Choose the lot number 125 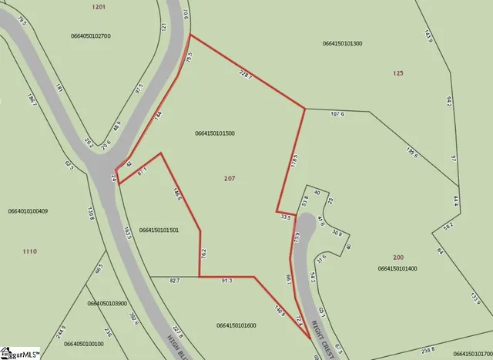click(x=397, y=73)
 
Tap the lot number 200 click(x=397, y=257)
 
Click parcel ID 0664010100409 click(x=28, y=210)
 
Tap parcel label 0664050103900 click(x=107, y=304)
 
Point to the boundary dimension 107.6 click(x=337, y=114)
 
